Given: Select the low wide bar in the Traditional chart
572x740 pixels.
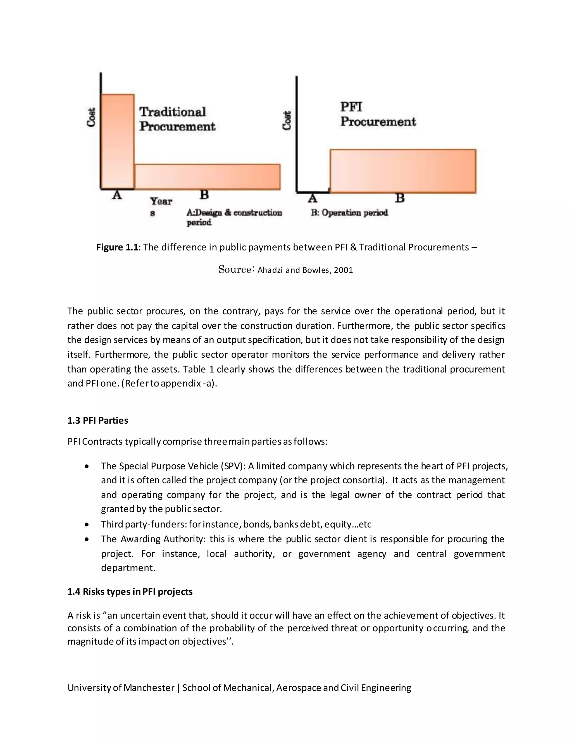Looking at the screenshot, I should tap(208, 176).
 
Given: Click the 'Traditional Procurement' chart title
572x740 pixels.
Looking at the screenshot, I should tap(177, 119).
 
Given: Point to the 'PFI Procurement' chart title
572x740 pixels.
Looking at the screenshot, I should tap(378, 114).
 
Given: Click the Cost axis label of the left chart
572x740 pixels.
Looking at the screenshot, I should tap(91, 117).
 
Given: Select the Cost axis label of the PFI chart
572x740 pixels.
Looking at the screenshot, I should tap(287, 120).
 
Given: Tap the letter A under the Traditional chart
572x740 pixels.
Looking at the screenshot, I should tap(117, 195).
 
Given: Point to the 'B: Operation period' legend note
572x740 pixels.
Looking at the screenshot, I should tap(349, 213).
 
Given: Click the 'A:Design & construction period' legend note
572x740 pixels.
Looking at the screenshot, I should tap(234, 217).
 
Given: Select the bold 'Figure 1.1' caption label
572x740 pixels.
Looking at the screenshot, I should tap(117, 247).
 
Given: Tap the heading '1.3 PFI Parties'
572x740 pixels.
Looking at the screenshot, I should tap(97, 421).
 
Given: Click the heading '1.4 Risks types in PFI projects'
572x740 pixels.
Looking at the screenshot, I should tap(130, 592).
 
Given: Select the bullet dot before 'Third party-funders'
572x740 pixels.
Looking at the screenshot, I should tap(87, 524).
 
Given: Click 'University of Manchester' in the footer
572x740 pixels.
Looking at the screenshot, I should tap(121, 688).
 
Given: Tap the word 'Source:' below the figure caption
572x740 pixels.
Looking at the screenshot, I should tap(236, 269).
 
